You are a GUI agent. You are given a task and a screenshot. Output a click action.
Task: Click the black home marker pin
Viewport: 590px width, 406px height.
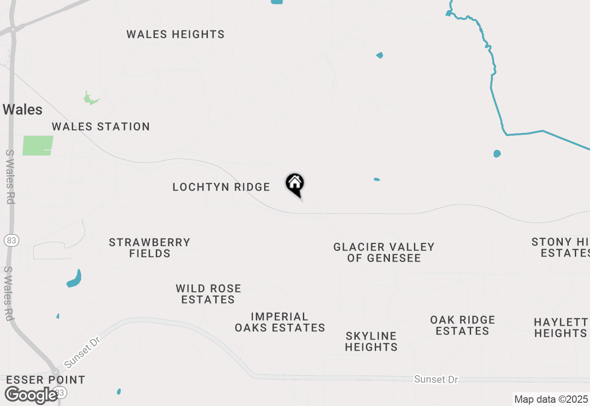point(295,184)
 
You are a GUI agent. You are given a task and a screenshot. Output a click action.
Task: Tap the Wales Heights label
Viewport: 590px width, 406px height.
point(176,35)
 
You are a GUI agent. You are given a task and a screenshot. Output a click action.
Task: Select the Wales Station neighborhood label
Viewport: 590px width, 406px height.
point(101,127)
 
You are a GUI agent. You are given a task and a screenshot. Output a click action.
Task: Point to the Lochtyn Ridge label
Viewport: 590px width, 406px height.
point(221,187)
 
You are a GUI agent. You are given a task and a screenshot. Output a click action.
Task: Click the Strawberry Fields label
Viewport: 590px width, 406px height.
point(150,248)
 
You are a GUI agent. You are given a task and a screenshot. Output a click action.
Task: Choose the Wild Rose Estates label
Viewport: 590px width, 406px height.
point(208,294)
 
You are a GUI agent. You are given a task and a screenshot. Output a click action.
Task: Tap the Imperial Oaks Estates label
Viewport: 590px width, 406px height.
point(280,322)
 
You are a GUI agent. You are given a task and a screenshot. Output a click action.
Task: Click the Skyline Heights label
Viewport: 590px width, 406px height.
point(371,341)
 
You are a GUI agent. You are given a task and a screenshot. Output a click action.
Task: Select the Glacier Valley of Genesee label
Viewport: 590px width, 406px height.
point(384,252)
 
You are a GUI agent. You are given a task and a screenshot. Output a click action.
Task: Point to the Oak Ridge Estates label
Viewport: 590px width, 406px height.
point(463,325)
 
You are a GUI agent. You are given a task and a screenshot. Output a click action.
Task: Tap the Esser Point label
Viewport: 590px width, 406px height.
point(46,380)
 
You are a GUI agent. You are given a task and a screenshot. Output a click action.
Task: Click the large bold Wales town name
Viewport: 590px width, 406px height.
point(23,110)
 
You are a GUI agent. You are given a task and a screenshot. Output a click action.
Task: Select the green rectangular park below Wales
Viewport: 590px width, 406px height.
point(38,145)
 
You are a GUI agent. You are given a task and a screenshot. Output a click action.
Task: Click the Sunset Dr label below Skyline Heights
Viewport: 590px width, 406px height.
point(436,379)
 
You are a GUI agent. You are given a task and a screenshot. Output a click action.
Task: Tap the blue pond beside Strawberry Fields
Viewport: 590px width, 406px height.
point(75,279)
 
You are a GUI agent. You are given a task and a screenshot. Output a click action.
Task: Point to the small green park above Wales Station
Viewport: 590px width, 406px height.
point(90,99)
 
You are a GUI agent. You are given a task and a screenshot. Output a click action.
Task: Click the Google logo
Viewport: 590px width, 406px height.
point(31,395)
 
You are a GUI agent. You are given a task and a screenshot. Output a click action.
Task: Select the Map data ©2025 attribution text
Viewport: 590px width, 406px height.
point(551,399)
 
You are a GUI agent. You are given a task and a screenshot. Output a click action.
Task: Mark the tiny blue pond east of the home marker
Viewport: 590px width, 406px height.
point(377,179)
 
